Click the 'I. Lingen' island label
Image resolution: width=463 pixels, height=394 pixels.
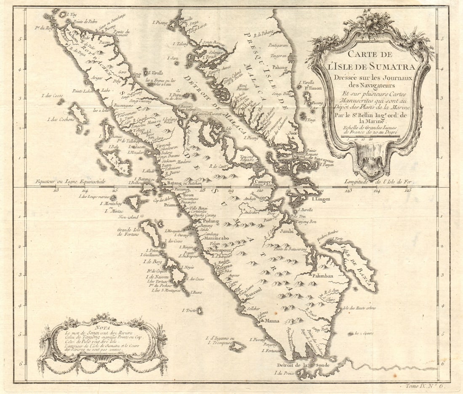[x=321, y=199]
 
